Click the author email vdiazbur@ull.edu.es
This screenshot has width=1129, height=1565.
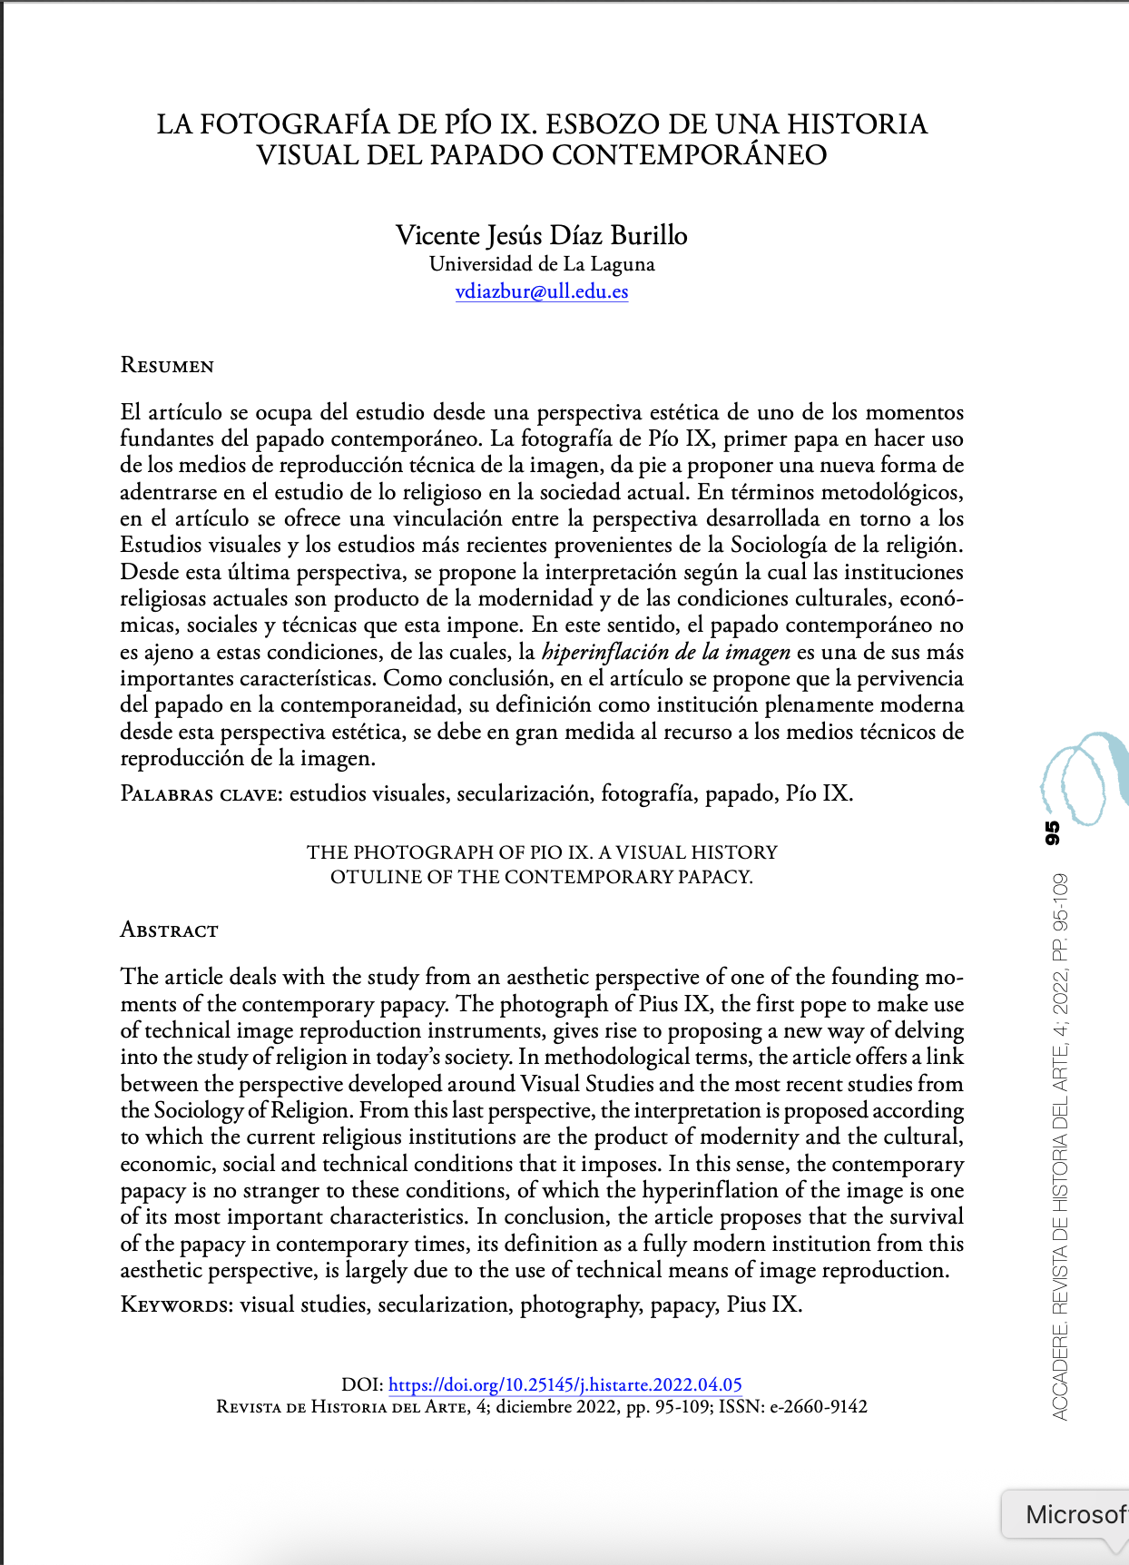(542, 291)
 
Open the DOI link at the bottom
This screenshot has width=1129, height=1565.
(564, 1384)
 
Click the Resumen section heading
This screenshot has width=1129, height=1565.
(167, 366)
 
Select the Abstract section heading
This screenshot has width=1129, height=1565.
(170, 930)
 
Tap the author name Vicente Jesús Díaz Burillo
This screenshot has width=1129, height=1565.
(542, 235)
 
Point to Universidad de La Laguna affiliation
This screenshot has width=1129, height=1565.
(542, 264)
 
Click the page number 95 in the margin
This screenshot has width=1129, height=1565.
(1053, 832)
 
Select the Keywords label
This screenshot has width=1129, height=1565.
(177, 1305)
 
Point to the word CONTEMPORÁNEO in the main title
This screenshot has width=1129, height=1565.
(689, 155)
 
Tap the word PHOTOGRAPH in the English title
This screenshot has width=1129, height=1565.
(417, 852)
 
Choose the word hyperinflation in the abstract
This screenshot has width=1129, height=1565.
(709, 1190)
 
